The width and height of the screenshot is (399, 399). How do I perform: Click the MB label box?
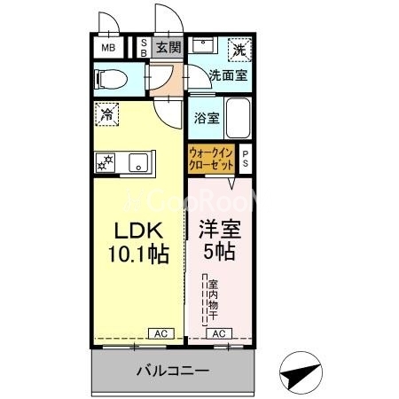(x=107, y=47)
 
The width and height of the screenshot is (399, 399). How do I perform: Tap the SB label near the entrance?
(x=145, y=48)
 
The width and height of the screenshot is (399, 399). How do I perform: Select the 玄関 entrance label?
(x=168, y=48)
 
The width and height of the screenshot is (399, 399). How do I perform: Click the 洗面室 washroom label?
(x=229, y=76)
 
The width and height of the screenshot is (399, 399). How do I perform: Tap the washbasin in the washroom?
(x=204, y=46)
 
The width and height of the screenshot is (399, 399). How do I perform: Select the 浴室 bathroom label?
(x=207, y=118)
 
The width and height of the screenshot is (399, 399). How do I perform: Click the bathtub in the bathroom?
(x=239, y=117)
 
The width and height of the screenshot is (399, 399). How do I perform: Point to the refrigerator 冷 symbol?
(x=106, y=113)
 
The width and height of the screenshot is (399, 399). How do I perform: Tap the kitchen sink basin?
(x=137, y=161)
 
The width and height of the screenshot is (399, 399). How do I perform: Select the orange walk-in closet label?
(x=211, y=160)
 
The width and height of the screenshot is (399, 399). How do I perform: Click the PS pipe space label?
(x=246, y=159)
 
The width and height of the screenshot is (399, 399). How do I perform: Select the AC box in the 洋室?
(x=218, y=333)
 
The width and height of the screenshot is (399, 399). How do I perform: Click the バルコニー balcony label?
(x=173, y=370)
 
